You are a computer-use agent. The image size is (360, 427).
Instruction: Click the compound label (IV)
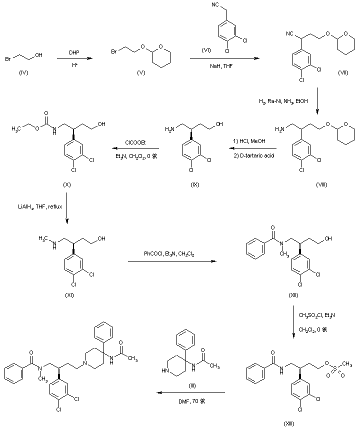(23, 73)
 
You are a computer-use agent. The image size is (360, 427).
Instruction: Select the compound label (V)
(140, 73)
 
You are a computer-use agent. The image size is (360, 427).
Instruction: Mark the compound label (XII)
(293, 295)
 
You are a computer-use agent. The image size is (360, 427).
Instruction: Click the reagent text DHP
(74, 52)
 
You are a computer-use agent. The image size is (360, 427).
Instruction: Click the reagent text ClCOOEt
(135, 141)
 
